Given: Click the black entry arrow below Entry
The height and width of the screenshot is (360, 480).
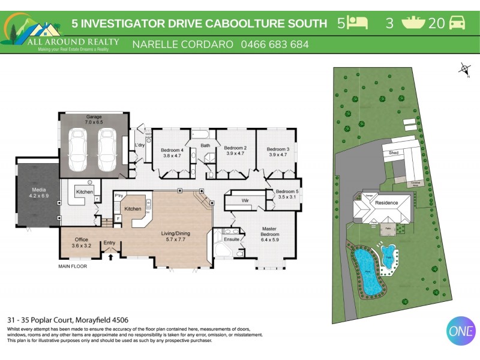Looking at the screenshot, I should tap(110, 256).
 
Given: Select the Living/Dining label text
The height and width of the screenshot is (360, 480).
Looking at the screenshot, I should tap(175, 236).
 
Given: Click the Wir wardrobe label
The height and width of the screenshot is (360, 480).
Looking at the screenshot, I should tap(245, 200).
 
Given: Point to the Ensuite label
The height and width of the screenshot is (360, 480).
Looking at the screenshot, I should tap(231, 239).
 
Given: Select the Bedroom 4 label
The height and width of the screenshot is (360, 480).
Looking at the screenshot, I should tap(172, 152).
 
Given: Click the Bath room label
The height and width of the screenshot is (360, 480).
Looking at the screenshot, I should tap(205, 145).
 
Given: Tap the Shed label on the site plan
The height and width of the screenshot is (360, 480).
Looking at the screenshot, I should tap(394, 152).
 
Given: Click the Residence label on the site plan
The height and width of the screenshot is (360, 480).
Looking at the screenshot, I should tap(386, 203).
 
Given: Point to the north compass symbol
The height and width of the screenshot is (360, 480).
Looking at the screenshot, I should tap(465, 69).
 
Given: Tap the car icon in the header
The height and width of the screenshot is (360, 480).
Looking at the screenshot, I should tap(457, 23).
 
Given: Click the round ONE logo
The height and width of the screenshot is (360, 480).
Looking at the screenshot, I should tap(461, 331).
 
